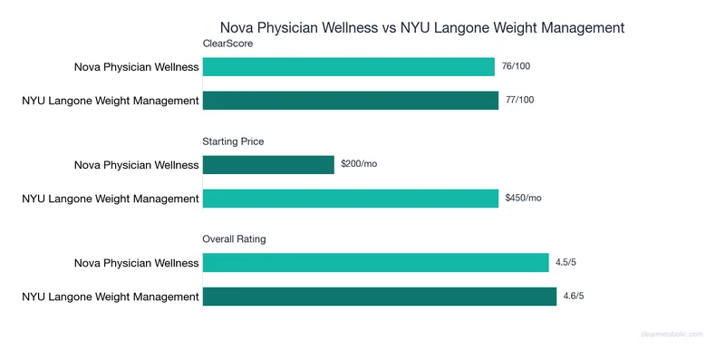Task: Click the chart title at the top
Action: [x=422, y=27]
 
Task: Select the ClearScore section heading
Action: [x=227, y=44]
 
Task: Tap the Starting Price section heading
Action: [x=233, y=141]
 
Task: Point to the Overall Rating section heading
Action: [x=234, y=239]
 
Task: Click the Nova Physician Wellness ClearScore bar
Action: [x=349, y=67]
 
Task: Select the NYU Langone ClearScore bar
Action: [x=351, y=100]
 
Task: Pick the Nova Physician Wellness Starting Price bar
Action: [x=268, y=165]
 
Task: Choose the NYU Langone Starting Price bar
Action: [x=351, y=198]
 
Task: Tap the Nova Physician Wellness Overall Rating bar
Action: [x=376, y=263]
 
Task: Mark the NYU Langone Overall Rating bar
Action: [x=380, y=296]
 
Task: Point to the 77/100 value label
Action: [x=519, y=100]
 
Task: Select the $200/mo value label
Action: [x=359, y=165]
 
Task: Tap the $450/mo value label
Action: [x=523, y=198]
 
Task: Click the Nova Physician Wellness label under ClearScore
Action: [x=137, y=67]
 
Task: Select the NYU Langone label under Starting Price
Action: [x=111, y=198]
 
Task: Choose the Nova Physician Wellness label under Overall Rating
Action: [x=137, y=263]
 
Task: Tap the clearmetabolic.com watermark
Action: [x=672, y=335]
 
